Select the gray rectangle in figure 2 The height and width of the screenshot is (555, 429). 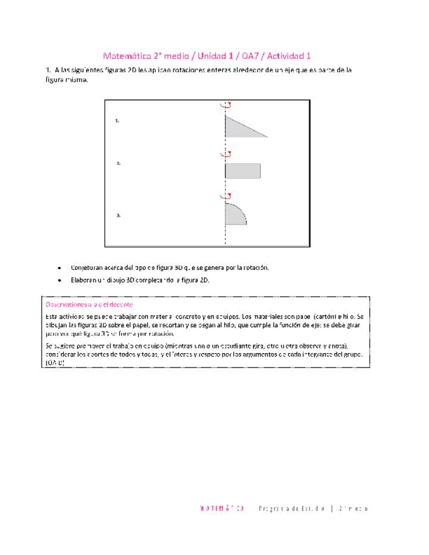(x=243, y=170)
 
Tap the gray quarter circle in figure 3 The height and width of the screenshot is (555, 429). (x=234, y=215)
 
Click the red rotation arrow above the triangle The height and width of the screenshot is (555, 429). (x=225, y=105)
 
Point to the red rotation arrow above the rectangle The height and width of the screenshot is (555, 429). (x=225, y=154)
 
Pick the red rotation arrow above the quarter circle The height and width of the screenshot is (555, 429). (x=225, y=195)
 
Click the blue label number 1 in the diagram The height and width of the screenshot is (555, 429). (x=117, y=121)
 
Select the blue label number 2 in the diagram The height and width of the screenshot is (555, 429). (x=119, y=163)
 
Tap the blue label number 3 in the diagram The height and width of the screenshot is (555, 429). (x=119, y=216)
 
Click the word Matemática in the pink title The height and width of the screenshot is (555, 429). (x=124, y=57)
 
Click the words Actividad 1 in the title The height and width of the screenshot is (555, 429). (x=289, y=57)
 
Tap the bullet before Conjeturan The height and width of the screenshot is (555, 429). (x=60, y=268)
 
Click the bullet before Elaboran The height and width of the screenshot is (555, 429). (x=60, y=280)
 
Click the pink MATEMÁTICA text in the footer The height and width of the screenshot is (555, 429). (x=222, y=509)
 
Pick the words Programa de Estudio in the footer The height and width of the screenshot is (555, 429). (x=292, y=509)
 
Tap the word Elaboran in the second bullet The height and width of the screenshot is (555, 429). (x=84, y=280)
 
